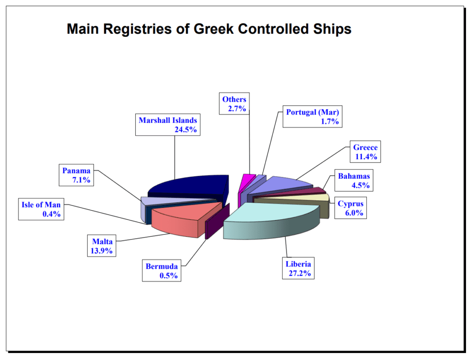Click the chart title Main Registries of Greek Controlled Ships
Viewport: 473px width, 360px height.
click(209, 29)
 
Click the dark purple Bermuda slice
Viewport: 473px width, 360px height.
click(217, 221)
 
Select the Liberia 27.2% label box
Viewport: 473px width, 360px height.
click(298, 268)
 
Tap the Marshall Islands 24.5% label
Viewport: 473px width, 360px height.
click(168, 125)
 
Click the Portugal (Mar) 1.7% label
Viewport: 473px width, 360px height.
click(313, 116)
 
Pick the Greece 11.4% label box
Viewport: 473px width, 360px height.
click(365, 152)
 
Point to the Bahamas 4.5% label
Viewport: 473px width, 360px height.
click(354, 180)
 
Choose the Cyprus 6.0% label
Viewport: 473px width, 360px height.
click(351, 208)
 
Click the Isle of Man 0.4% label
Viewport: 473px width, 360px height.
click(41, 209)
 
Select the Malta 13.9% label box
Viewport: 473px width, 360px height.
click(102, 246)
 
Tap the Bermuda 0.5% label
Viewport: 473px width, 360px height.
click(162, 270)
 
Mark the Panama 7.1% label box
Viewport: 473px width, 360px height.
click(76, 175)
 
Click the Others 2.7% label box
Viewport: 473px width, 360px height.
click(234, 103)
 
